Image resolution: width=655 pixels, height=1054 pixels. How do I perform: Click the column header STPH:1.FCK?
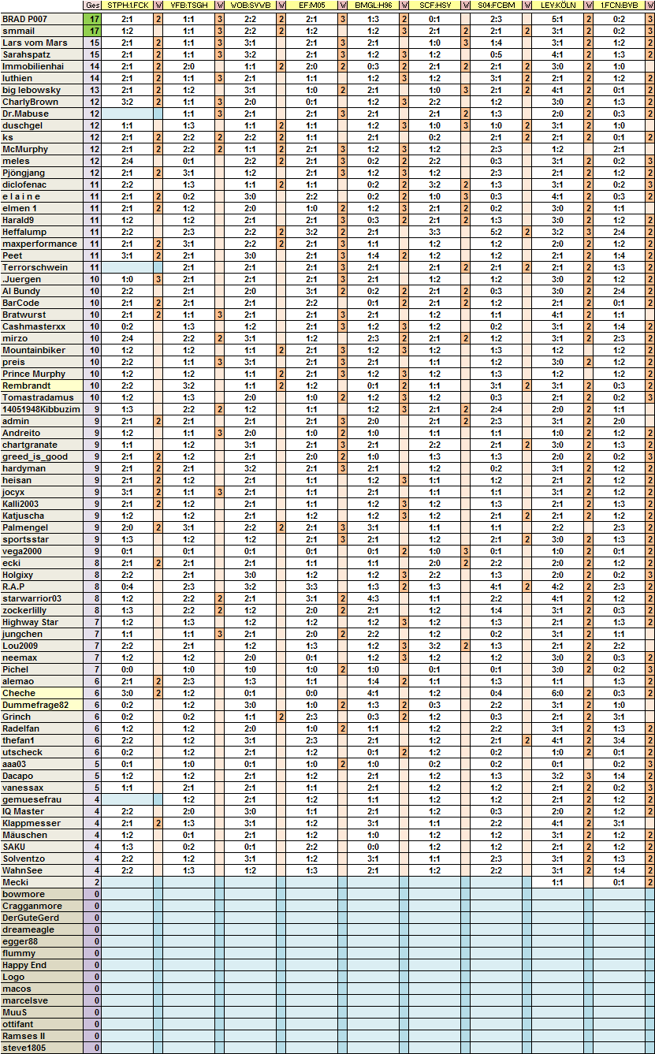point(127,6)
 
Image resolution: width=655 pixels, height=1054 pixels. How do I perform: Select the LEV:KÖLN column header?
point(557,6)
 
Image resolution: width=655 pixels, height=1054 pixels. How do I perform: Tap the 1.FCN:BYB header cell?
point(619,6)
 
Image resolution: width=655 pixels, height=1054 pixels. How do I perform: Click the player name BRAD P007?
point(25,18)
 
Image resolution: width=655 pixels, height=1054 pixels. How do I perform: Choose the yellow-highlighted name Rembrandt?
point(26,385)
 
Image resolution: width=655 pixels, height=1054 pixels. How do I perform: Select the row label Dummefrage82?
point(35,705)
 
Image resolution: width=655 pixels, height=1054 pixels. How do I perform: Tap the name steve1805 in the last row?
point(24,1048)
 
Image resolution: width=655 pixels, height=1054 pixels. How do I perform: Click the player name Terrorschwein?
point(35,267)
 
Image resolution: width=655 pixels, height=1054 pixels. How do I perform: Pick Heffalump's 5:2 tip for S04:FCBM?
point(496,232)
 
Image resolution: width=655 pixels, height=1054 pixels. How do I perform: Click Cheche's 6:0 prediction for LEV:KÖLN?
point(557,693)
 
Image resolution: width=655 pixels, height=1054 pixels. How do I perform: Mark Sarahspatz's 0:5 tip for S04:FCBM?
point(496,54)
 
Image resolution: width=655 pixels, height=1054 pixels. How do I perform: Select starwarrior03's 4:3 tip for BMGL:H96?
point(373,598)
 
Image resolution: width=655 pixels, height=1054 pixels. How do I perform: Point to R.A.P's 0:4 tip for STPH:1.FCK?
point(127,587)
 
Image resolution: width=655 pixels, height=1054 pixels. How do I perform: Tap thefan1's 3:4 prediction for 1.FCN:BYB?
point(619,740)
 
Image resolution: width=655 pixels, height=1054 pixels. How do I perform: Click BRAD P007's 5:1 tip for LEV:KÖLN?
point(557,18)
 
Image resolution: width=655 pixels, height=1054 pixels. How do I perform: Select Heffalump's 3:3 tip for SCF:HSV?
point(434,232)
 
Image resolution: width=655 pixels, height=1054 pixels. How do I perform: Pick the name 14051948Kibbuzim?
point(41,409)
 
